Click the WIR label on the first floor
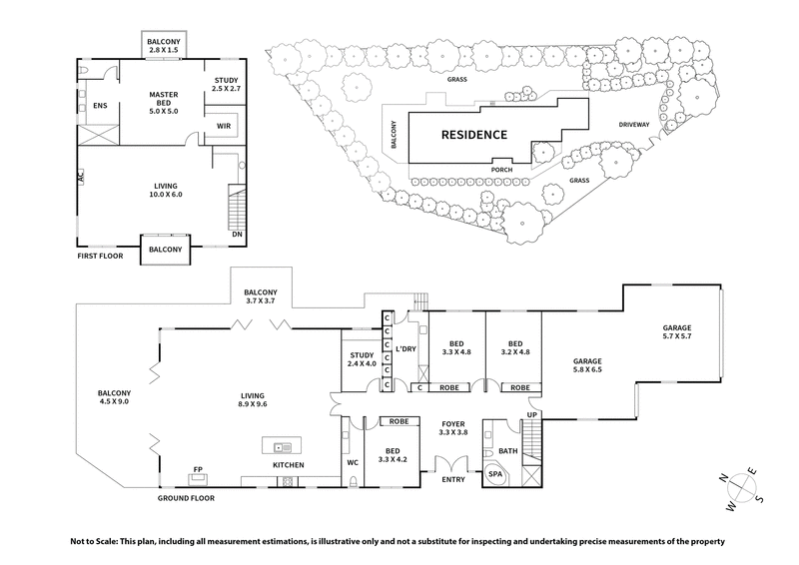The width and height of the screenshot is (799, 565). point(224,127)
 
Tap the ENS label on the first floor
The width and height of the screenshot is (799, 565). point(99,105)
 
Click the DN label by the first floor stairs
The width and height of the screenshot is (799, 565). point(237,236)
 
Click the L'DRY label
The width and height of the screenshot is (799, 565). point(406,349)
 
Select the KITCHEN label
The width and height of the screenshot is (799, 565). point(290,466)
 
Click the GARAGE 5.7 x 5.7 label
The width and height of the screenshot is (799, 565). point(676,333)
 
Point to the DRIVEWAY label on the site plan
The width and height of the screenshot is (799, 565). point(634,125)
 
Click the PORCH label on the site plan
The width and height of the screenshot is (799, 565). point(502,170)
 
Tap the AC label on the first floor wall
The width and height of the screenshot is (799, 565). point(79,176)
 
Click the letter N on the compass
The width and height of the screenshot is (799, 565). point(722,475)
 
